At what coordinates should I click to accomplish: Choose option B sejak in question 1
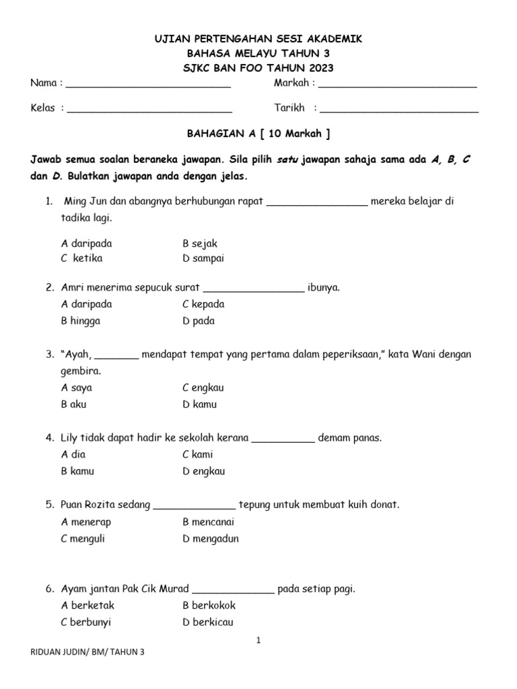(200, 244)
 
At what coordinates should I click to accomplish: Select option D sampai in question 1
(203, 258)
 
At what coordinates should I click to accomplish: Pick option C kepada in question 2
(203, 304)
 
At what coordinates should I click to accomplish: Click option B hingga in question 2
(81, 321)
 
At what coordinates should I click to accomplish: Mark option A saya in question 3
(77, 388)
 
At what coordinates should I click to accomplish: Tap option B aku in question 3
(74, 404)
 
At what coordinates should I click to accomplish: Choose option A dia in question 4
(73, 455)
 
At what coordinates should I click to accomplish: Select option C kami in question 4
(198, 455)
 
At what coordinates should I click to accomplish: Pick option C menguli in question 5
(83, 538)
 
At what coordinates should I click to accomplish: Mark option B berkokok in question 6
(208, 606)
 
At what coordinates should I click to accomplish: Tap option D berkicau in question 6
(208, 622)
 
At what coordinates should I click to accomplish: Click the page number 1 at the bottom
(258, 641)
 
